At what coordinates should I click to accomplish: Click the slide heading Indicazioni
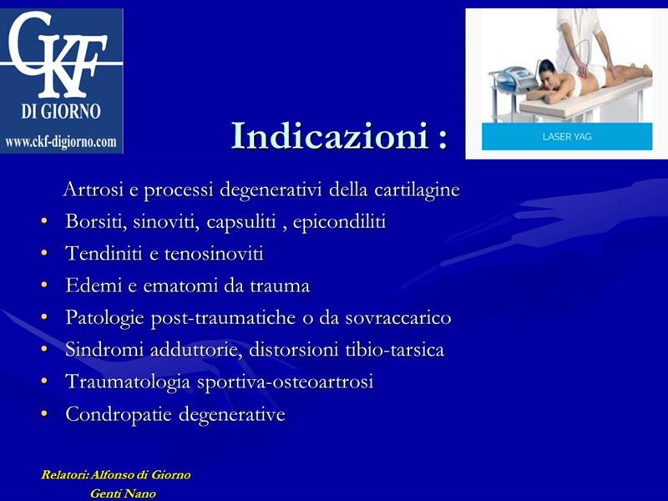click(x=330, y=135)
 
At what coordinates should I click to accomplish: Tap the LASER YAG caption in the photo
click(x=567, y=137)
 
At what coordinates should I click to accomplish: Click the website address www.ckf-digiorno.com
click(x=61, y=141)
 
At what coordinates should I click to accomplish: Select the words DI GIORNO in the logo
click(x=61, y=111)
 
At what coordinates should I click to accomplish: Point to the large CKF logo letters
click(x=58, y=53)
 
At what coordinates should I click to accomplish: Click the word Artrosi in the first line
click(x=94, y=189)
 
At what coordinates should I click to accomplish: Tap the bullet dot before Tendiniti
click(x=44, y=253)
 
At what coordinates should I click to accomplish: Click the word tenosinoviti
click(x=214, y=254)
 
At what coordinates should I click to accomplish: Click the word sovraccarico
click(x=398, y=318)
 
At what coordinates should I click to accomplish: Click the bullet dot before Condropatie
click(x=44, y=413)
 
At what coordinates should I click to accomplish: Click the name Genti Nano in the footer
click(x=123, y=493)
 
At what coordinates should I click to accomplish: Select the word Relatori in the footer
click(x=65, y=474)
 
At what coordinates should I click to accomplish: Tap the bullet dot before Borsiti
click(x=44, y=221)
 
